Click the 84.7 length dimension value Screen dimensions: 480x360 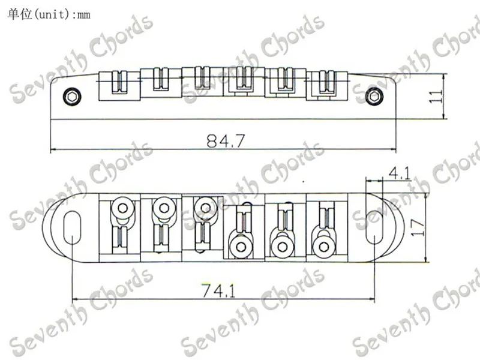point(226,141)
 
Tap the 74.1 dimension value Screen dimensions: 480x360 point(218,290)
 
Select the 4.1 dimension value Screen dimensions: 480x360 point(399,173)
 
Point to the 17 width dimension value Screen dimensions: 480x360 point(418,227)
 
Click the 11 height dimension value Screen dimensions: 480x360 point(436,97)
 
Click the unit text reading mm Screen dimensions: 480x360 point(84,14)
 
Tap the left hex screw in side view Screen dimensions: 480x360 point(72,97)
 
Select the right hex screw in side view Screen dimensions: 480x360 point(374,97)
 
